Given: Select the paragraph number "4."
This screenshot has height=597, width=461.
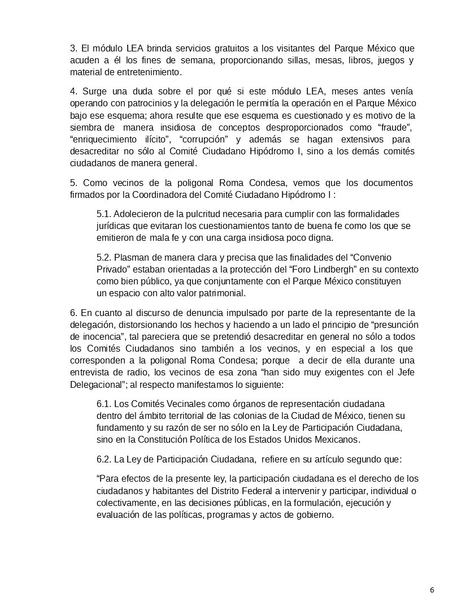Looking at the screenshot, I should point(73,91).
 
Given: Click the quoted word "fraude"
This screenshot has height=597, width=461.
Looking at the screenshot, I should point(396,128).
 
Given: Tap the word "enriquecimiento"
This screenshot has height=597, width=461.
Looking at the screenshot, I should point(103,140).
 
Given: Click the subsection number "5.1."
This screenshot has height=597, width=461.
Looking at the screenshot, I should point(106,214).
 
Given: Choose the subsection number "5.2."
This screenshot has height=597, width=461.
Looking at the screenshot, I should point(106,256).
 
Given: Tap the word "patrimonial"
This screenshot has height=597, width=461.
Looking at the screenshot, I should point(221,293).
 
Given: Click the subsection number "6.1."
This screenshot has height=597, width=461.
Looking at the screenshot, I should point(106,404).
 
